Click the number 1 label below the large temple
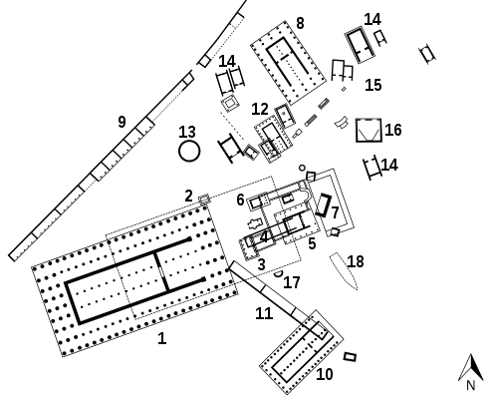[x=161, y=338]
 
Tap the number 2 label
[x=188, y=196]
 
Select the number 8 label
[x=300, y=23]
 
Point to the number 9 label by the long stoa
[x=122, y=122]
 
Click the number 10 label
[x=325, y=374]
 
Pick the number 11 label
[x=264, y=313]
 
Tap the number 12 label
[x=260, y=109]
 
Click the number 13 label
[x=187, y=132]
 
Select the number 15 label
[x=373, y=85]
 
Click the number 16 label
[x=393, y=130]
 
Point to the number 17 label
[x=292, y=282]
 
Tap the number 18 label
[x=356, y=261]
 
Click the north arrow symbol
[x=471, y=367]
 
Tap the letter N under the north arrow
[x=471, y=385]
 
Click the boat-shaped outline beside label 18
[x=344, y=271]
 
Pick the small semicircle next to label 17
[x=279, y=274]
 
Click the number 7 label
[x=335, y=212]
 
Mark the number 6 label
[x=241, y=200]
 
